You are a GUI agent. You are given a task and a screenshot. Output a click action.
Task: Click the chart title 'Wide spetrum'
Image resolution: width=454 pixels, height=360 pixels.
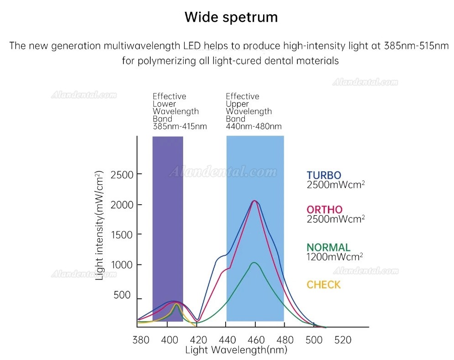tap(231, 17)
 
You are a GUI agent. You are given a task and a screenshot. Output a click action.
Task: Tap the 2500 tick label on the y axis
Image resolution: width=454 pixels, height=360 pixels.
tap(122, 175)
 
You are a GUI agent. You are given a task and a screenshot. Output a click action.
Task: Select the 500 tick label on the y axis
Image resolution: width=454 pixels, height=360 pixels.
tap(122, 295)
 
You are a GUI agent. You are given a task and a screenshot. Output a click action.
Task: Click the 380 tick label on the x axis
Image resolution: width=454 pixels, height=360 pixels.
tap(141, 340)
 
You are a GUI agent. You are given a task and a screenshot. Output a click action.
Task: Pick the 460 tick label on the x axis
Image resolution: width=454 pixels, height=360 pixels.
tap(256, 340)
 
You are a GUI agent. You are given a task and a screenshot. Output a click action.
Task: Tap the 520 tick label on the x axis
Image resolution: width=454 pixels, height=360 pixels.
tap(343, 340)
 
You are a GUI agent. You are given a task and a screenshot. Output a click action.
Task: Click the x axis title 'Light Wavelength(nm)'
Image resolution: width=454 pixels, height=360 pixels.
tap(236, 350)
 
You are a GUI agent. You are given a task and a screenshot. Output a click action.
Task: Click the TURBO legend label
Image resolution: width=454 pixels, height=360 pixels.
tap(324, 175)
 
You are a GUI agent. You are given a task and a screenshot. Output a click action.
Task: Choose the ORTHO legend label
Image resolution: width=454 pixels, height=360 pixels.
tap(325, 210)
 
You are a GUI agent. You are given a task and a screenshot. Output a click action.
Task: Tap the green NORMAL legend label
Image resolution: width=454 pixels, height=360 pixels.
tap(328, 247)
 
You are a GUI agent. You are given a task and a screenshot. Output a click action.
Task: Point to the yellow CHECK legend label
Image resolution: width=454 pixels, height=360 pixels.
tap(324, 285)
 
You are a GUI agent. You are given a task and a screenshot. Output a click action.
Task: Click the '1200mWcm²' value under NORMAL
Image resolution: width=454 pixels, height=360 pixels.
tap(335, 257)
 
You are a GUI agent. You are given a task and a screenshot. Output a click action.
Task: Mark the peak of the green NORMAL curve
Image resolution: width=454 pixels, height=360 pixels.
tap(254, 263)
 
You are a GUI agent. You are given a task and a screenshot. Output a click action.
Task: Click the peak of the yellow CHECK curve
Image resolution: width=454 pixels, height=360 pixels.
tap(176, 304)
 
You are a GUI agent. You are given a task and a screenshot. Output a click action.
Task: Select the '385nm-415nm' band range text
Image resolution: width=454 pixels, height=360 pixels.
tap(180, 127)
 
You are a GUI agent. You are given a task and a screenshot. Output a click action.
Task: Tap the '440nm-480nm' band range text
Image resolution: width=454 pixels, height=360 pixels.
tap(253, 127)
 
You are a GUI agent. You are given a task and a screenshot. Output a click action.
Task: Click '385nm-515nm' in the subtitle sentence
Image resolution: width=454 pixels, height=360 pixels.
tap(416, 46)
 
